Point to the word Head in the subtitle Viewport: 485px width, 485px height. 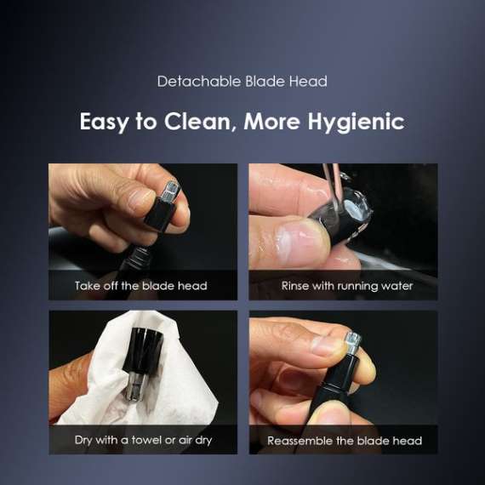pyautogui.click(x=310, y=82)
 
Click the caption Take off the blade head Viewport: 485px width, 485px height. pyautogui.click(x=141, y=286)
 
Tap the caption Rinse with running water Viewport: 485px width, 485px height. pyautogui.click(x=346, y=286)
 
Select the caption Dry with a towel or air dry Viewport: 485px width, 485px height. pyautogui.click(x=143, y=440)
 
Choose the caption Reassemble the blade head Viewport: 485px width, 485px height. pyautogui.click(x=345, y=441)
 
